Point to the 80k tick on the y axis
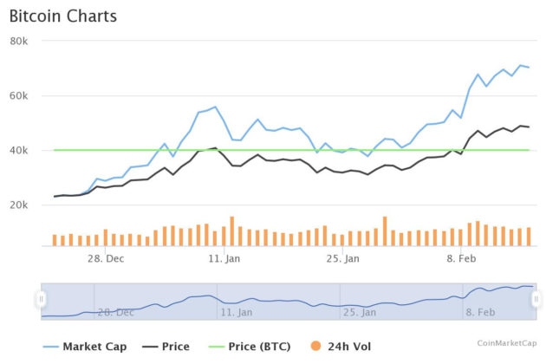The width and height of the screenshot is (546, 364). pos(20,41)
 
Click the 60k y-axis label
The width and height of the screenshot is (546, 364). pos(20,96)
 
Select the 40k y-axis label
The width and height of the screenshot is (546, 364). pos(20,151)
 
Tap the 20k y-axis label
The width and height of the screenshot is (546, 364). pos(20,205)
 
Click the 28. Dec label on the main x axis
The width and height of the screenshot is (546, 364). pos(103,258)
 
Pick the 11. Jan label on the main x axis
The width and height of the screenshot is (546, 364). pos(224,258)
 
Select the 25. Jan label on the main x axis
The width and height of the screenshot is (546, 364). pos(343,258)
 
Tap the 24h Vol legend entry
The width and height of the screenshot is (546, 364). pos(346,347)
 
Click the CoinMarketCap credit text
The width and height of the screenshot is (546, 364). pos(508,344)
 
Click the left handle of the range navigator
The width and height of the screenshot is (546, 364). pos(41,299)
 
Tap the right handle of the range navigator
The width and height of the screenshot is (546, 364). pos(536,299)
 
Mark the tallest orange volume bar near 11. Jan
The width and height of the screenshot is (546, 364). pos(232,231)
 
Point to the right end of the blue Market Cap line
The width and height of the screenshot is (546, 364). pos(529,68)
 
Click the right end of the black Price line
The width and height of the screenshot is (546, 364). pos(529,127)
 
